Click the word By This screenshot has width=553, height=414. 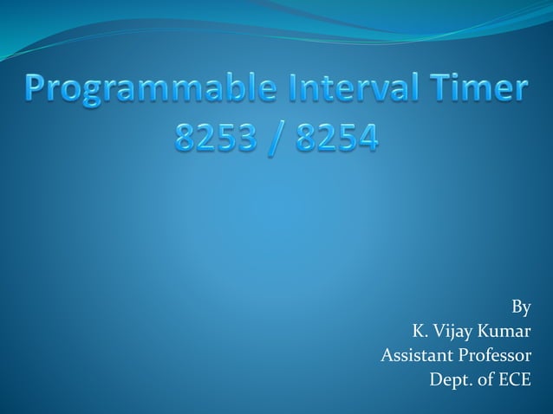(521, 307)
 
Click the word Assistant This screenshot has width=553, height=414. (414, 355)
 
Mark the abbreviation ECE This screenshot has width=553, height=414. (515, 379)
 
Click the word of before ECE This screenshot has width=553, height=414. (486, 379)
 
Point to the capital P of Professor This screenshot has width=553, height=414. (459, 355)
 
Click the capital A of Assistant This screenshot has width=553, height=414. (387, 355)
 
